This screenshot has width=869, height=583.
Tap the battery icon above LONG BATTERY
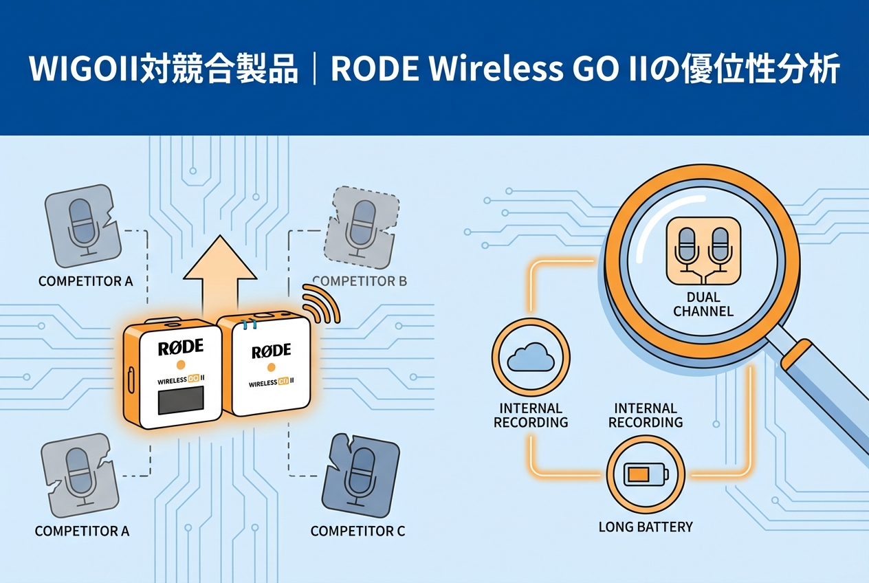[645, 474]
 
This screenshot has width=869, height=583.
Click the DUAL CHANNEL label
[703, 304]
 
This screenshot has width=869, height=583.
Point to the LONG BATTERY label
[646, 527]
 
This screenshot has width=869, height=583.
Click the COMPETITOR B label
[360, 280]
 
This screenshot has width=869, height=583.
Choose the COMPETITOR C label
[357, 531]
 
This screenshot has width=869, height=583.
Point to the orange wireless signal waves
[322, 303]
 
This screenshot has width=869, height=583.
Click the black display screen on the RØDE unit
[181, 400]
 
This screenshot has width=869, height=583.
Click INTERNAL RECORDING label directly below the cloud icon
[531, 415]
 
